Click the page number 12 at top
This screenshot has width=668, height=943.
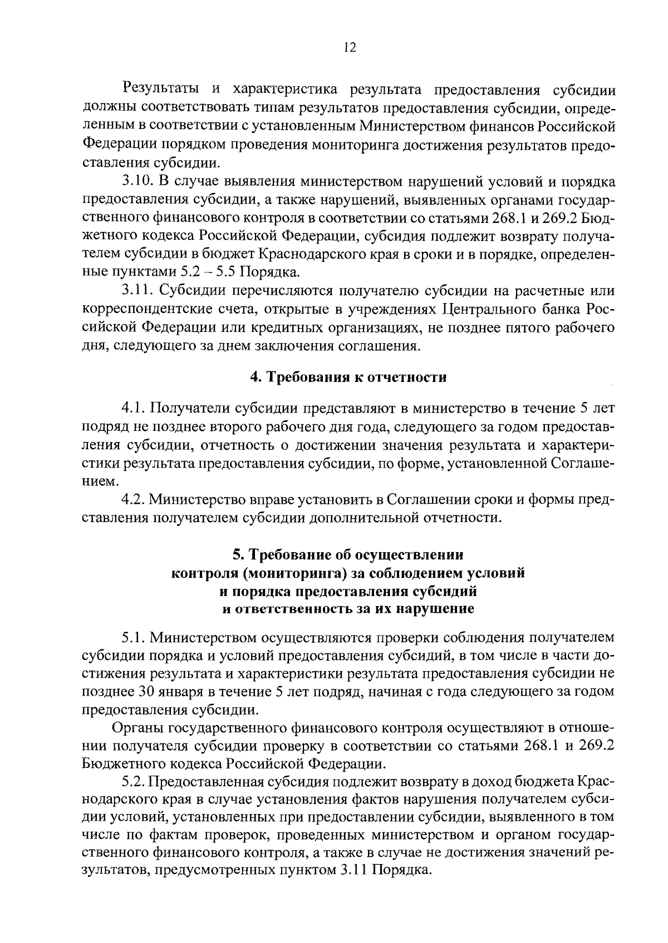click(x=350, y=48)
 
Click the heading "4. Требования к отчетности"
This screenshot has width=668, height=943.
click(x=348, y=378)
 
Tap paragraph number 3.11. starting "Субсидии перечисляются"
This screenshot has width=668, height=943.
click(x=138, y=291)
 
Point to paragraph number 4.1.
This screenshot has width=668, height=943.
click(x=134, y=409)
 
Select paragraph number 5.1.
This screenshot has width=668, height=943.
click(x=134, y=637)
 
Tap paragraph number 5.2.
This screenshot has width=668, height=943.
click(x=134, y=782)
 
